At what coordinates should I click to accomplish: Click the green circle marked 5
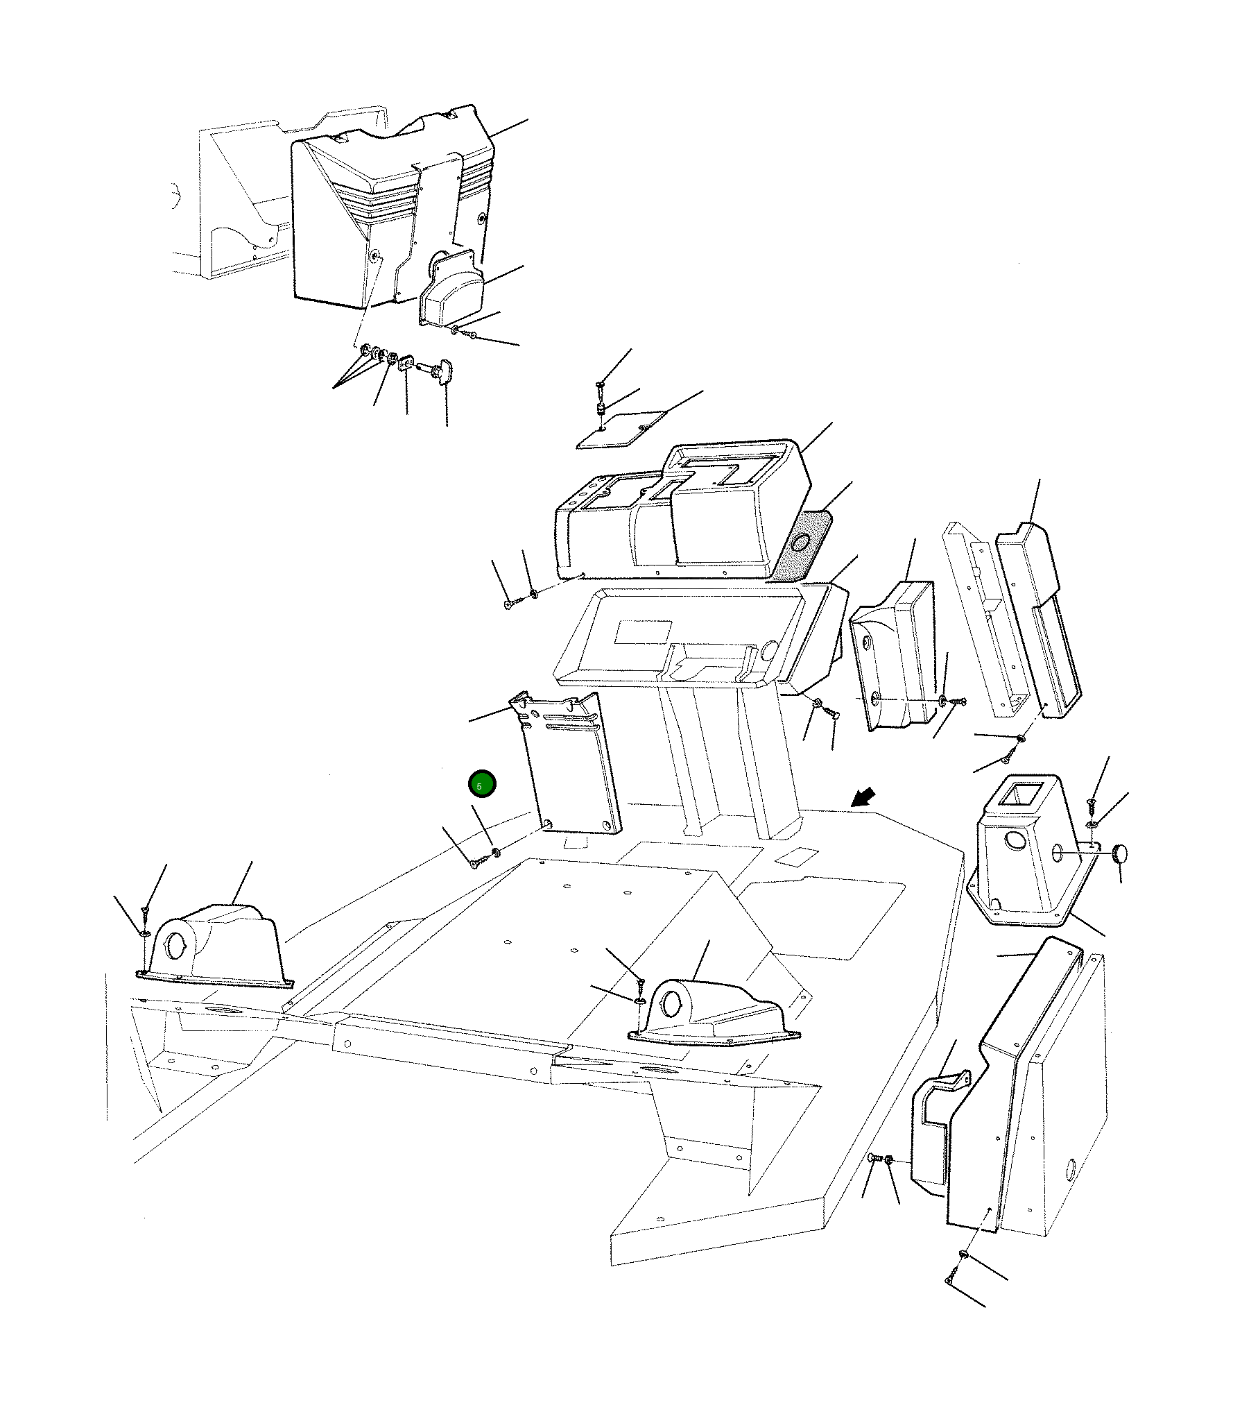482,784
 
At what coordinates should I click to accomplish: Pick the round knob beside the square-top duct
1119,853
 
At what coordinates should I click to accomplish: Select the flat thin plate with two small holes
621,430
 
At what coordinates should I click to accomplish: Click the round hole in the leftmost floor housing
176,947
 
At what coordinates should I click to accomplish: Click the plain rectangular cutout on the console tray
644,631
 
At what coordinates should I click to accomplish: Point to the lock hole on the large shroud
375,257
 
